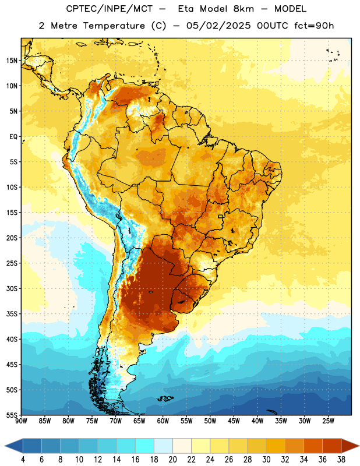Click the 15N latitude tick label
click(12, 61)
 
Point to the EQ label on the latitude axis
click(13, 137)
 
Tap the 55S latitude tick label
click(12, 415)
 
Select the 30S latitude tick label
click(12, 288)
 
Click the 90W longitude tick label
click(21, 421)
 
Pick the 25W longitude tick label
click(328, 421)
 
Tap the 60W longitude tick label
click(163, 421)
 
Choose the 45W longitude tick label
click(234, 421)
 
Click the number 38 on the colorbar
click(341, 460)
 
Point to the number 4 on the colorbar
click(23, 460)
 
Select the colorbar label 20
click(172, 460)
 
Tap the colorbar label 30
click(266, 460)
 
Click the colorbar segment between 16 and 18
click(144, 446)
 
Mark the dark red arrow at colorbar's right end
click(350, 446)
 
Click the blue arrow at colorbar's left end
click(14, 446)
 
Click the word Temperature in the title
click(114, 26)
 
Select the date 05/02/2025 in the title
click(218, 26)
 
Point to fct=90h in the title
click(314, 26)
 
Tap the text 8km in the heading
click(243, 9)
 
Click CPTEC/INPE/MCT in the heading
click(109, 9)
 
